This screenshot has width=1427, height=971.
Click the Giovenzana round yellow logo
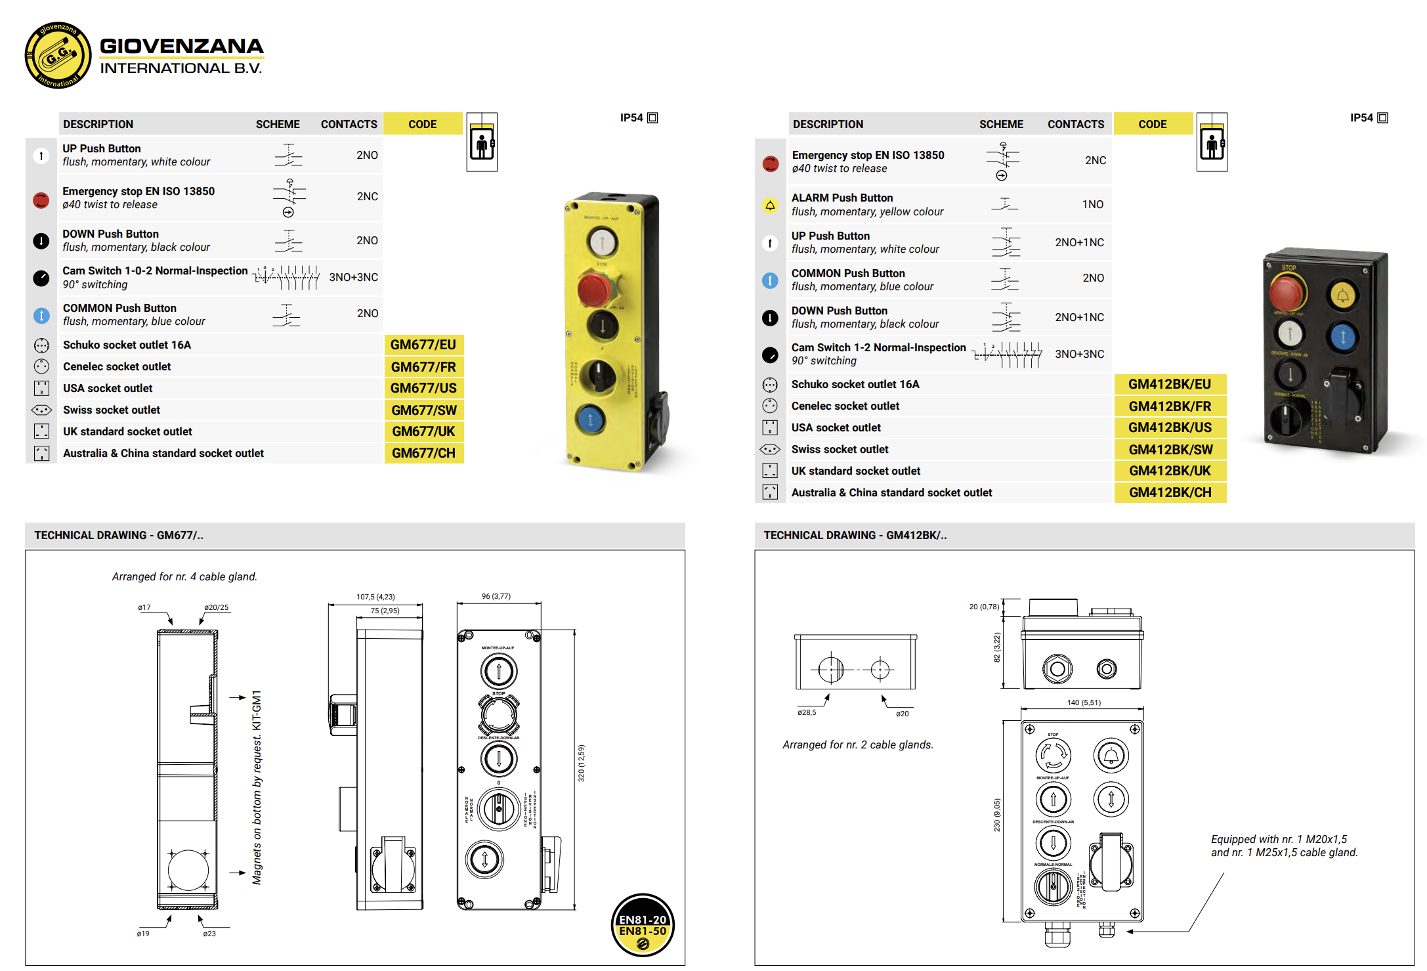tap(58, 55)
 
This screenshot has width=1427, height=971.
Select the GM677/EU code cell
tap(423, 345)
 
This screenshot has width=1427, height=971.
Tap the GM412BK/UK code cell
tap(1170, 471)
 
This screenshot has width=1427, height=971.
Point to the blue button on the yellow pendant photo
tap(589, 419)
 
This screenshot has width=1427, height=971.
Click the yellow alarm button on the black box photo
tap(1342, 295)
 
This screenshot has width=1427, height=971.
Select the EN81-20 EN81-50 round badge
tap(643, 925)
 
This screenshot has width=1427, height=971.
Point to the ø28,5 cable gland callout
tap(807, 712)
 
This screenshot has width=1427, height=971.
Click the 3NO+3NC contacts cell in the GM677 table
tap(353, 277)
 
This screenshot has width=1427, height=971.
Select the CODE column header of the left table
tap(422, 124)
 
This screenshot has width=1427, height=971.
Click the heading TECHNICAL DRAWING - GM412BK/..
tap(855, 535)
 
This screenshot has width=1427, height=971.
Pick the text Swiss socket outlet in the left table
tap(112, 410)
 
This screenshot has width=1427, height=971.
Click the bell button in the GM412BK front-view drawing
tap(1111, 756)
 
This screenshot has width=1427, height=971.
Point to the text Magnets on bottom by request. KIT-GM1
tap(257, 787)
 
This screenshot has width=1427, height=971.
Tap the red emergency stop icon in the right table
tap(771, 163)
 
